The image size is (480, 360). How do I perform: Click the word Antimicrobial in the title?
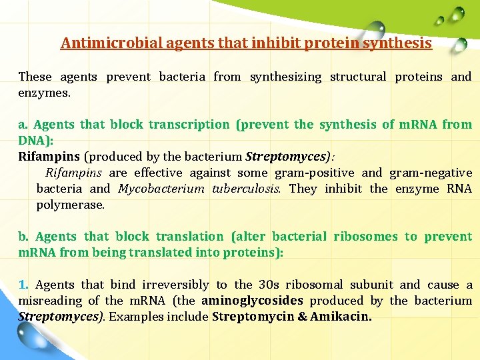tap(101, 43)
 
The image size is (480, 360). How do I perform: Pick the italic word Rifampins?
tap(73, 173)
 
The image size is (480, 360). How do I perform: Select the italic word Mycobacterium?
tap(161, 189)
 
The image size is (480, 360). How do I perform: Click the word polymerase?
tap(71, 205)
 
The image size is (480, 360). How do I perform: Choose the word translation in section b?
tap(191, 237)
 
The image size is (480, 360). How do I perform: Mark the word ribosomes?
tap(365, 237)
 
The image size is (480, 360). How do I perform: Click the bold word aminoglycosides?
tap(252, 301)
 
